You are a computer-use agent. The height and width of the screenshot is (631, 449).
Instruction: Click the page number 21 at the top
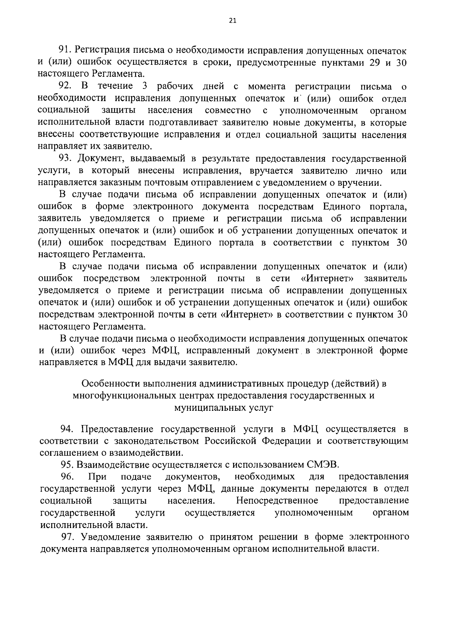coord(232,21)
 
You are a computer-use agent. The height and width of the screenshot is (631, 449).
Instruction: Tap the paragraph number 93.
coord(67,159)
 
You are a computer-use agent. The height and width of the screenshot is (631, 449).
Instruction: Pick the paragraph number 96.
coord(68,477)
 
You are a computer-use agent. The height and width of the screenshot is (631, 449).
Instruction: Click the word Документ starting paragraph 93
coord(99,159)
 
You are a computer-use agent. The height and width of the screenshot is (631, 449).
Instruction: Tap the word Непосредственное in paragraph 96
coord(277,501)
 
